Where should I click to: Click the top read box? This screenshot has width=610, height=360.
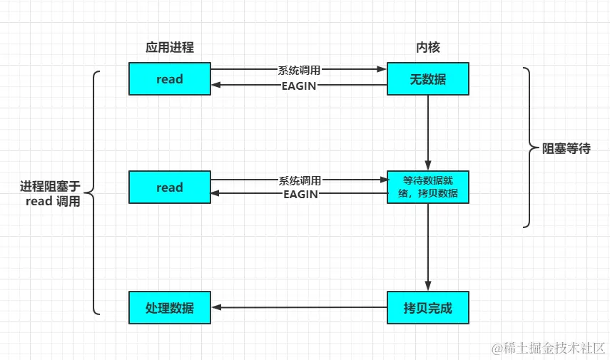point(170,78)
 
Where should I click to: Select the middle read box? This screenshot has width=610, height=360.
point(170,187)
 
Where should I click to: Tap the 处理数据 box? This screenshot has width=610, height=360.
point(170,308)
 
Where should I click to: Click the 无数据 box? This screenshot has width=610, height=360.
point(428,78)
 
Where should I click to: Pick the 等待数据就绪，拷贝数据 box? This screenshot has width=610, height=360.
point(428,187)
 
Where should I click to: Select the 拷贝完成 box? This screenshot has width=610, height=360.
point(428,308)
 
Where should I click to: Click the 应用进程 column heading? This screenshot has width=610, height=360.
point(170,48)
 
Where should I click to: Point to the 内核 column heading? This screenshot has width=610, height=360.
point(428,48)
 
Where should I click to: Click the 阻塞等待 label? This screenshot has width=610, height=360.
point(566,149)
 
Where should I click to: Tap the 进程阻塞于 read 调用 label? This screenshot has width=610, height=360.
point(50,194)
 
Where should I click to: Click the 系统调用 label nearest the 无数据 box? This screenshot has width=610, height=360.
point(299,70)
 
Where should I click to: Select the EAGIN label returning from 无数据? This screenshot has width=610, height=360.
point(299,86)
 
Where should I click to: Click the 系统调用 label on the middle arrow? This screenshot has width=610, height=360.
point(299,180)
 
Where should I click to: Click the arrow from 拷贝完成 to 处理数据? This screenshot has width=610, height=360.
point(300,308)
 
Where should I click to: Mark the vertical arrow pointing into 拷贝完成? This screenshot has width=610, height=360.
point(428,246)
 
